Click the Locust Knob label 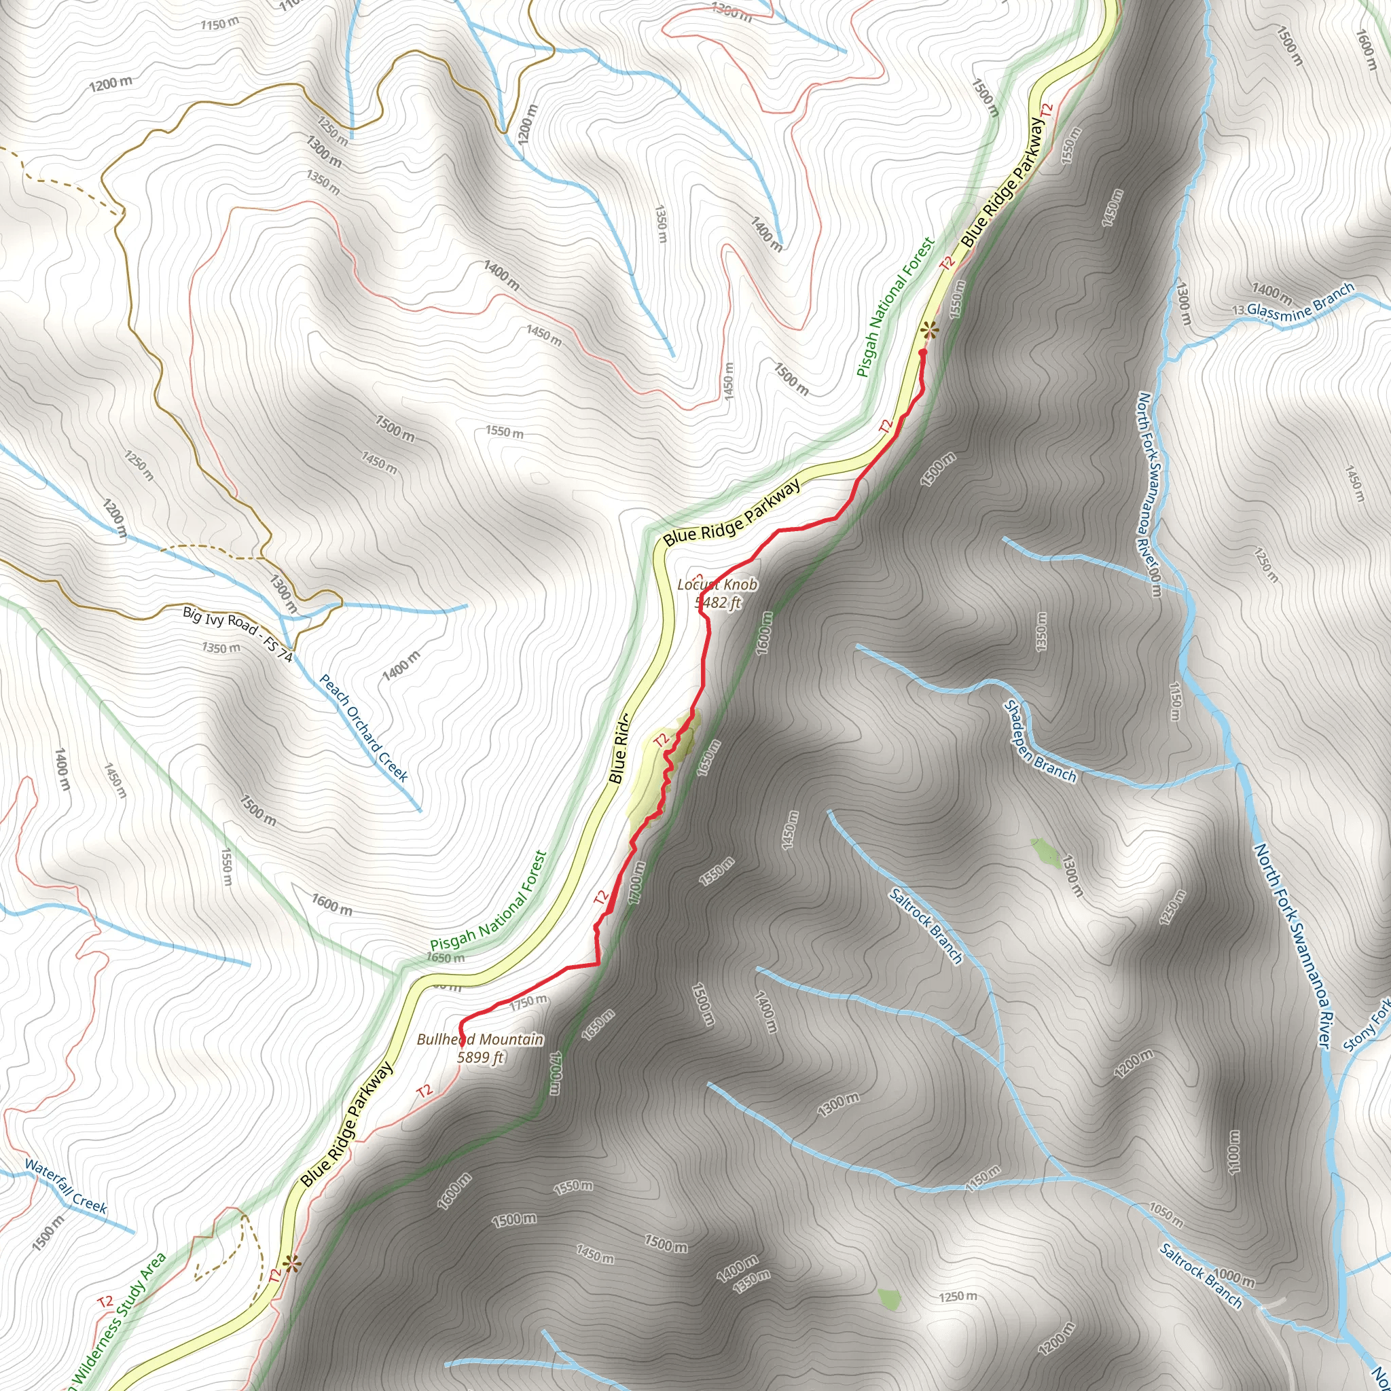point(717,585)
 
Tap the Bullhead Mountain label point(480,1040)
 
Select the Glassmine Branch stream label point(1300,303)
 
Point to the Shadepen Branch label point(1040,742)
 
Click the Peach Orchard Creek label point(363,728)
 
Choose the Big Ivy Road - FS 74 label point(238,634)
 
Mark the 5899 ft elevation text point(480,1058)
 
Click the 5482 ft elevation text point(719,602)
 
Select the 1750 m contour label point(528,1002)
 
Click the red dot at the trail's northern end point(922,353)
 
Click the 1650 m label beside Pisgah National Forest point(445,958)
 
